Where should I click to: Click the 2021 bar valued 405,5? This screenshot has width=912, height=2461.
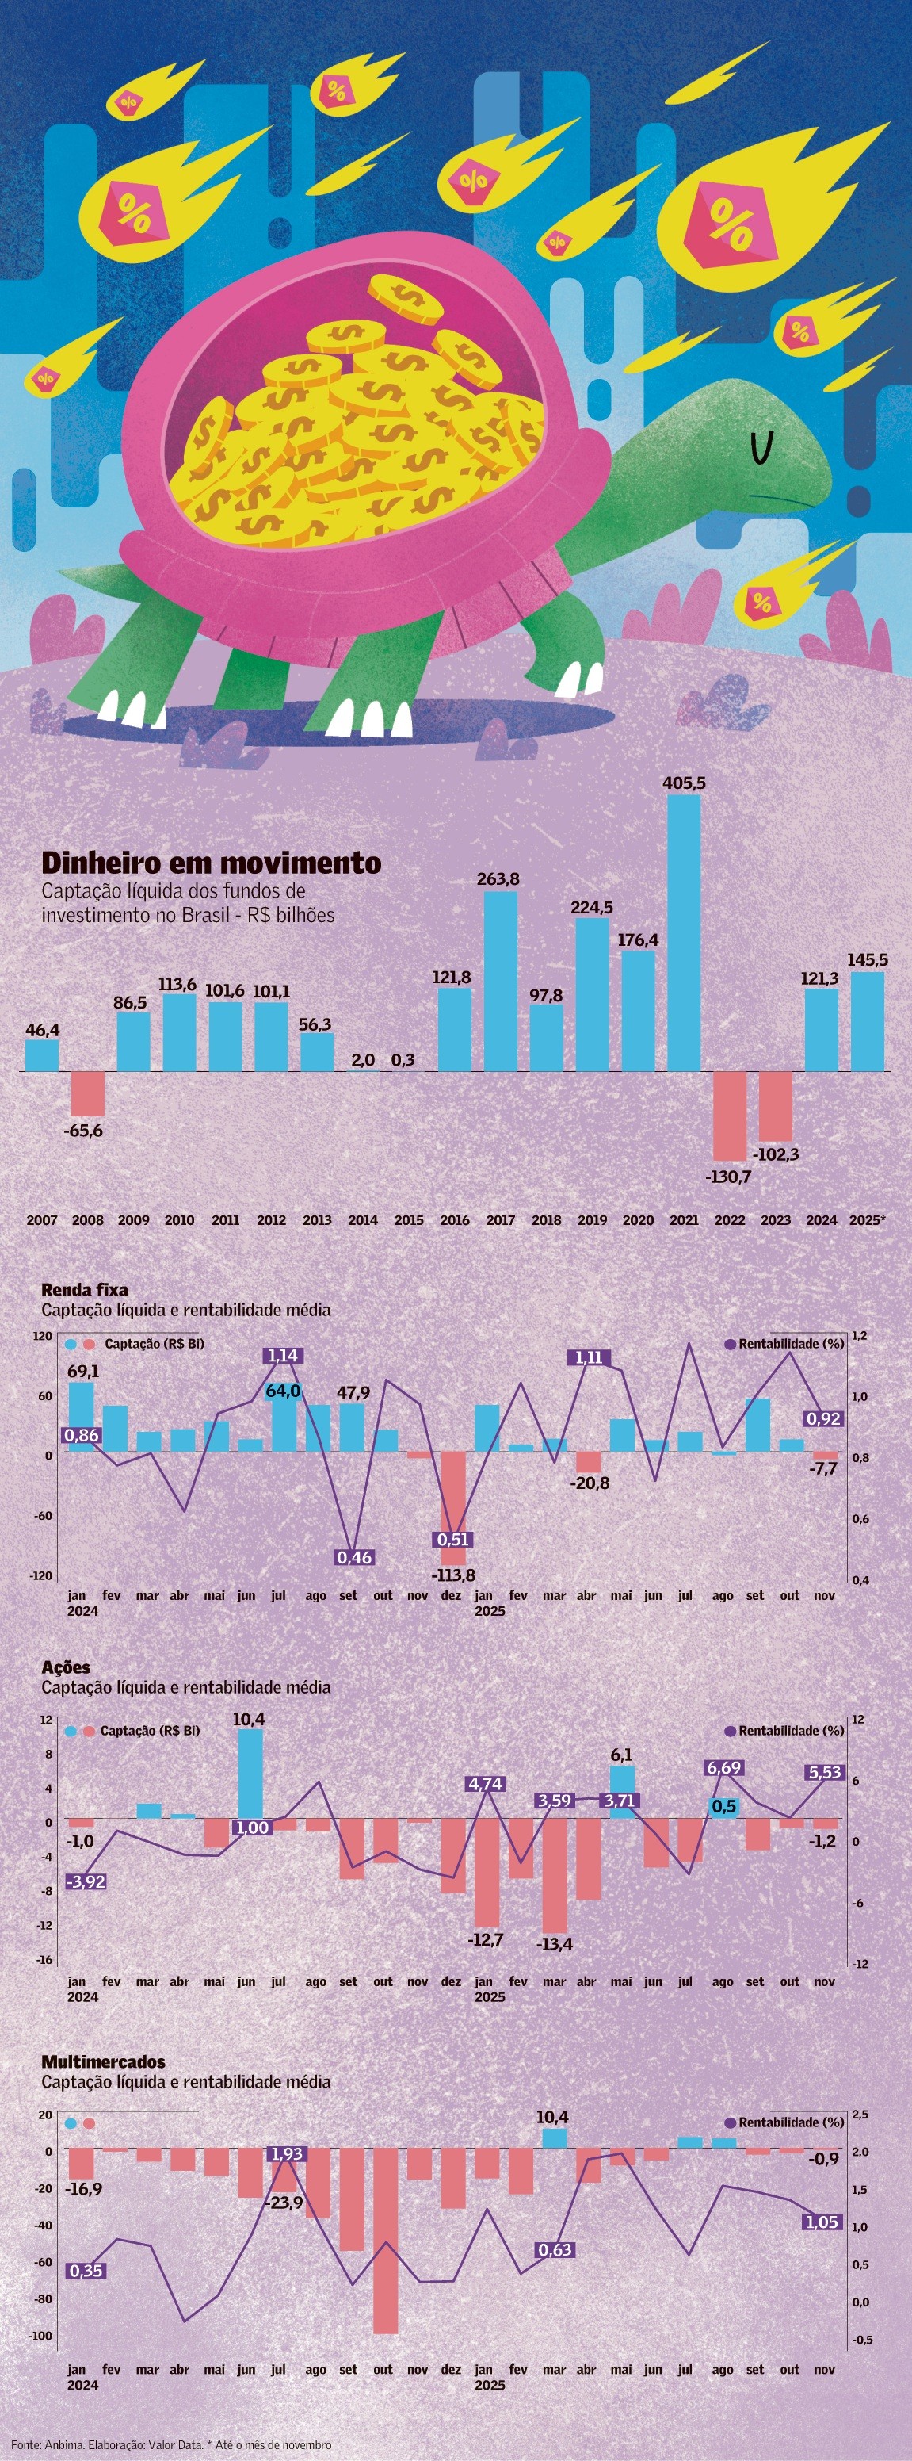(684, 932)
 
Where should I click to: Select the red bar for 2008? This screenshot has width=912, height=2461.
(88, 1094)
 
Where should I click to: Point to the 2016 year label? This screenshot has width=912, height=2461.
(455, 1220)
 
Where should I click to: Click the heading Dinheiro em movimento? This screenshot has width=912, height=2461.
(211, 863)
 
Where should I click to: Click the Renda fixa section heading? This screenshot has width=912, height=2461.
(84, 1290)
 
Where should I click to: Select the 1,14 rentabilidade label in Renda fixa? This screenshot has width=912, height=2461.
(283, 1356)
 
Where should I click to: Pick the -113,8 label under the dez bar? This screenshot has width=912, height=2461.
(452, 1575)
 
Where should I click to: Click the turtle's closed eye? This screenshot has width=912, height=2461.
(761, 448)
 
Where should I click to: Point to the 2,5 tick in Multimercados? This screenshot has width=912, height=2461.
(860, 2115)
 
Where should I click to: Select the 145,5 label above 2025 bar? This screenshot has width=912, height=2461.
(867, 959)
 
